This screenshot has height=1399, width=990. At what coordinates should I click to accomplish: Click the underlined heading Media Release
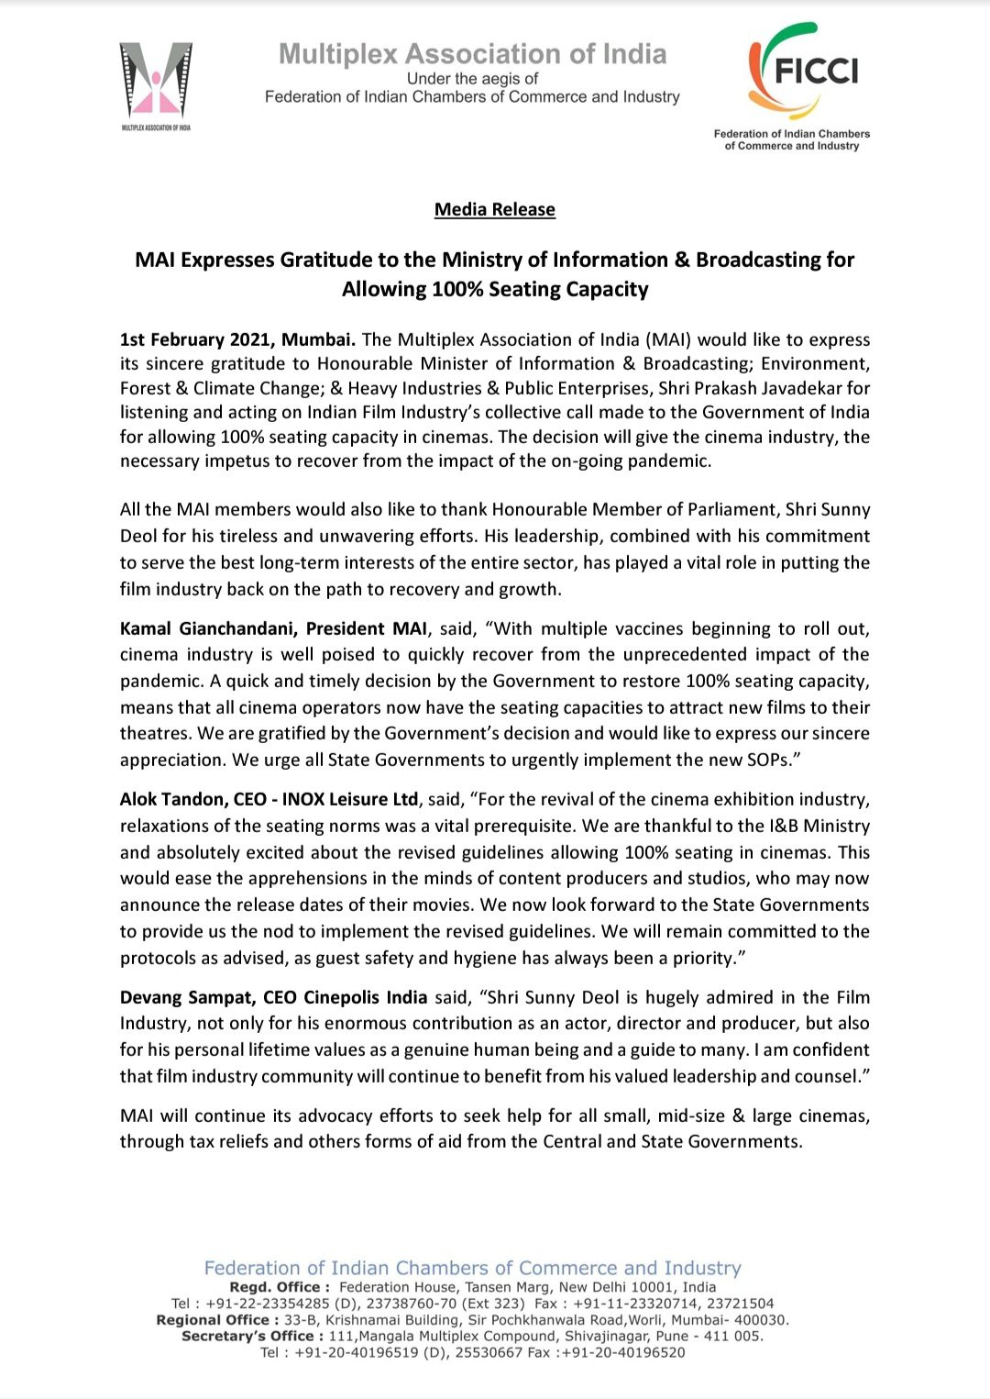click(x=495, y=209)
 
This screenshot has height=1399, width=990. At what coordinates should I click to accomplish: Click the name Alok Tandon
click(x=171, y=799)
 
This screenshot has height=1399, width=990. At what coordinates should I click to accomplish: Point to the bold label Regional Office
click(x=217, y=1320)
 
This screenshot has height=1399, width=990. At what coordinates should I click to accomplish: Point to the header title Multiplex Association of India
click(x=472, y=54)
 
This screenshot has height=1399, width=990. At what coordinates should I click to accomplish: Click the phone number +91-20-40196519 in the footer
click(x=356, y=1352)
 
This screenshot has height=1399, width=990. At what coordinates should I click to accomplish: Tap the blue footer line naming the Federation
click(x=472, y=1268)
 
